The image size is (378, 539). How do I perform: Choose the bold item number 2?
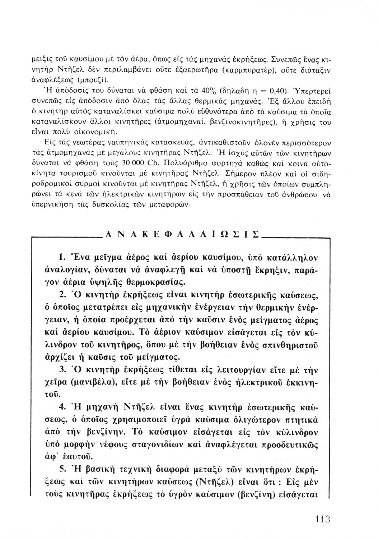(x=61, y=295)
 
